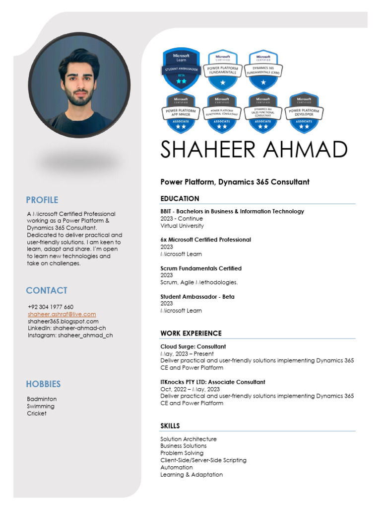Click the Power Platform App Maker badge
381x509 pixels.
point(181,113)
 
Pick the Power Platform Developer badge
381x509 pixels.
point(304,113)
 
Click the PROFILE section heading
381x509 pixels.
point(42,200)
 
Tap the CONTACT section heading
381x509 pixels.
point(47,290)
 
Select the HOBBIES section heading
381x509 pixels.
point(43,384)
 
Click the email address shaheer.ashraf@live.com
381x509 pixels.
point(62,314)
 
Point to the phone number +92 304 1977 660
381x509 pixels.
point(51,307)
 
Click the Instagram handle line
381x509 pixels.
point(70,335)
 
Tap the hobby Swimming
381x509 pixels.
point(41,406)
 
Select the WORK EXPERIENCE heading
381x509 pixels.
point(191,333)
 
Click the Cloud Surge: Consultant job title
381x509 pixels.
point(193,346)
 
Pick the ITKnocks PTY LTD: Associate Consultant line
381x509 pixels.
point(212,382)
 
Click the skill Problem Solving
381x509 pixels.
point(182,453)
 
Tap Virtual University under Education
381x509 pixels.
point(182,226)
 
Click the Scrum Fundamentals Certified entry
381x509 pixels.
point(201,268)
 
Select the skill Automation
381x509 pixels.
point(177,467)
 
